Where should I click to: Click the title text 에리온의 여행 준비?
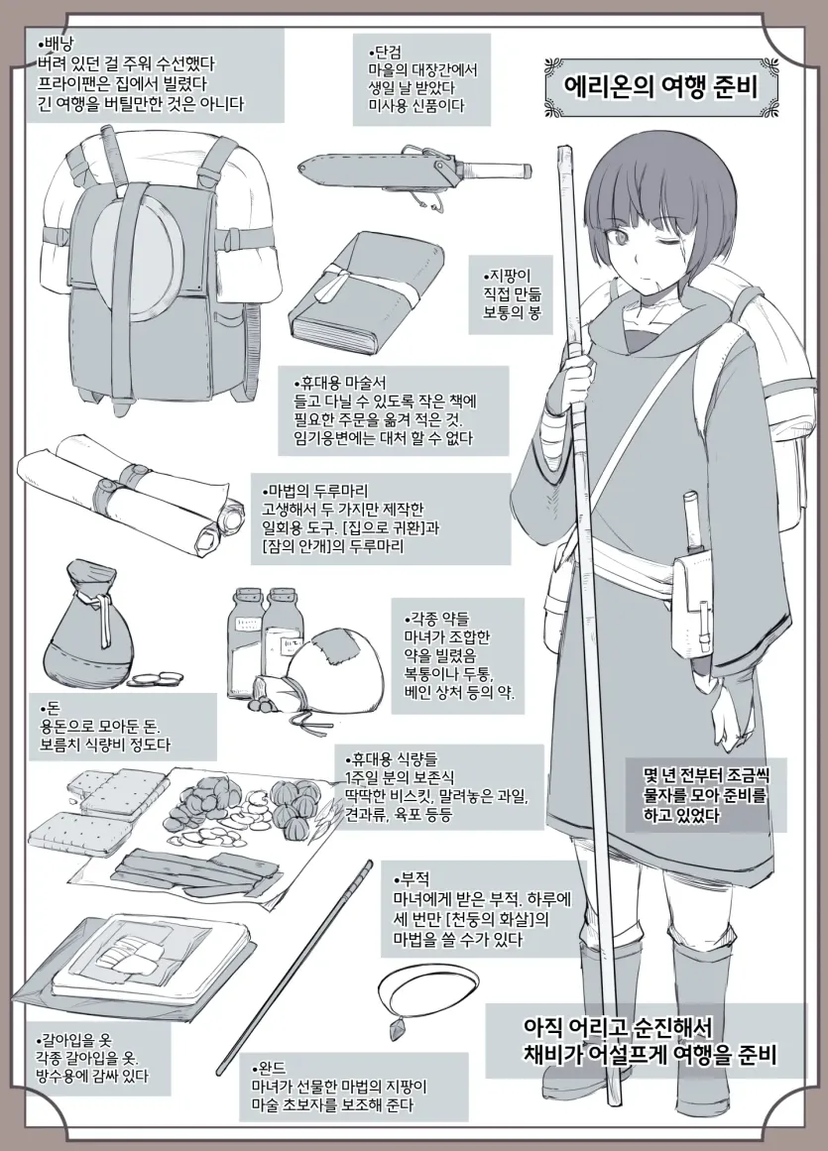coord(659,87)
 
